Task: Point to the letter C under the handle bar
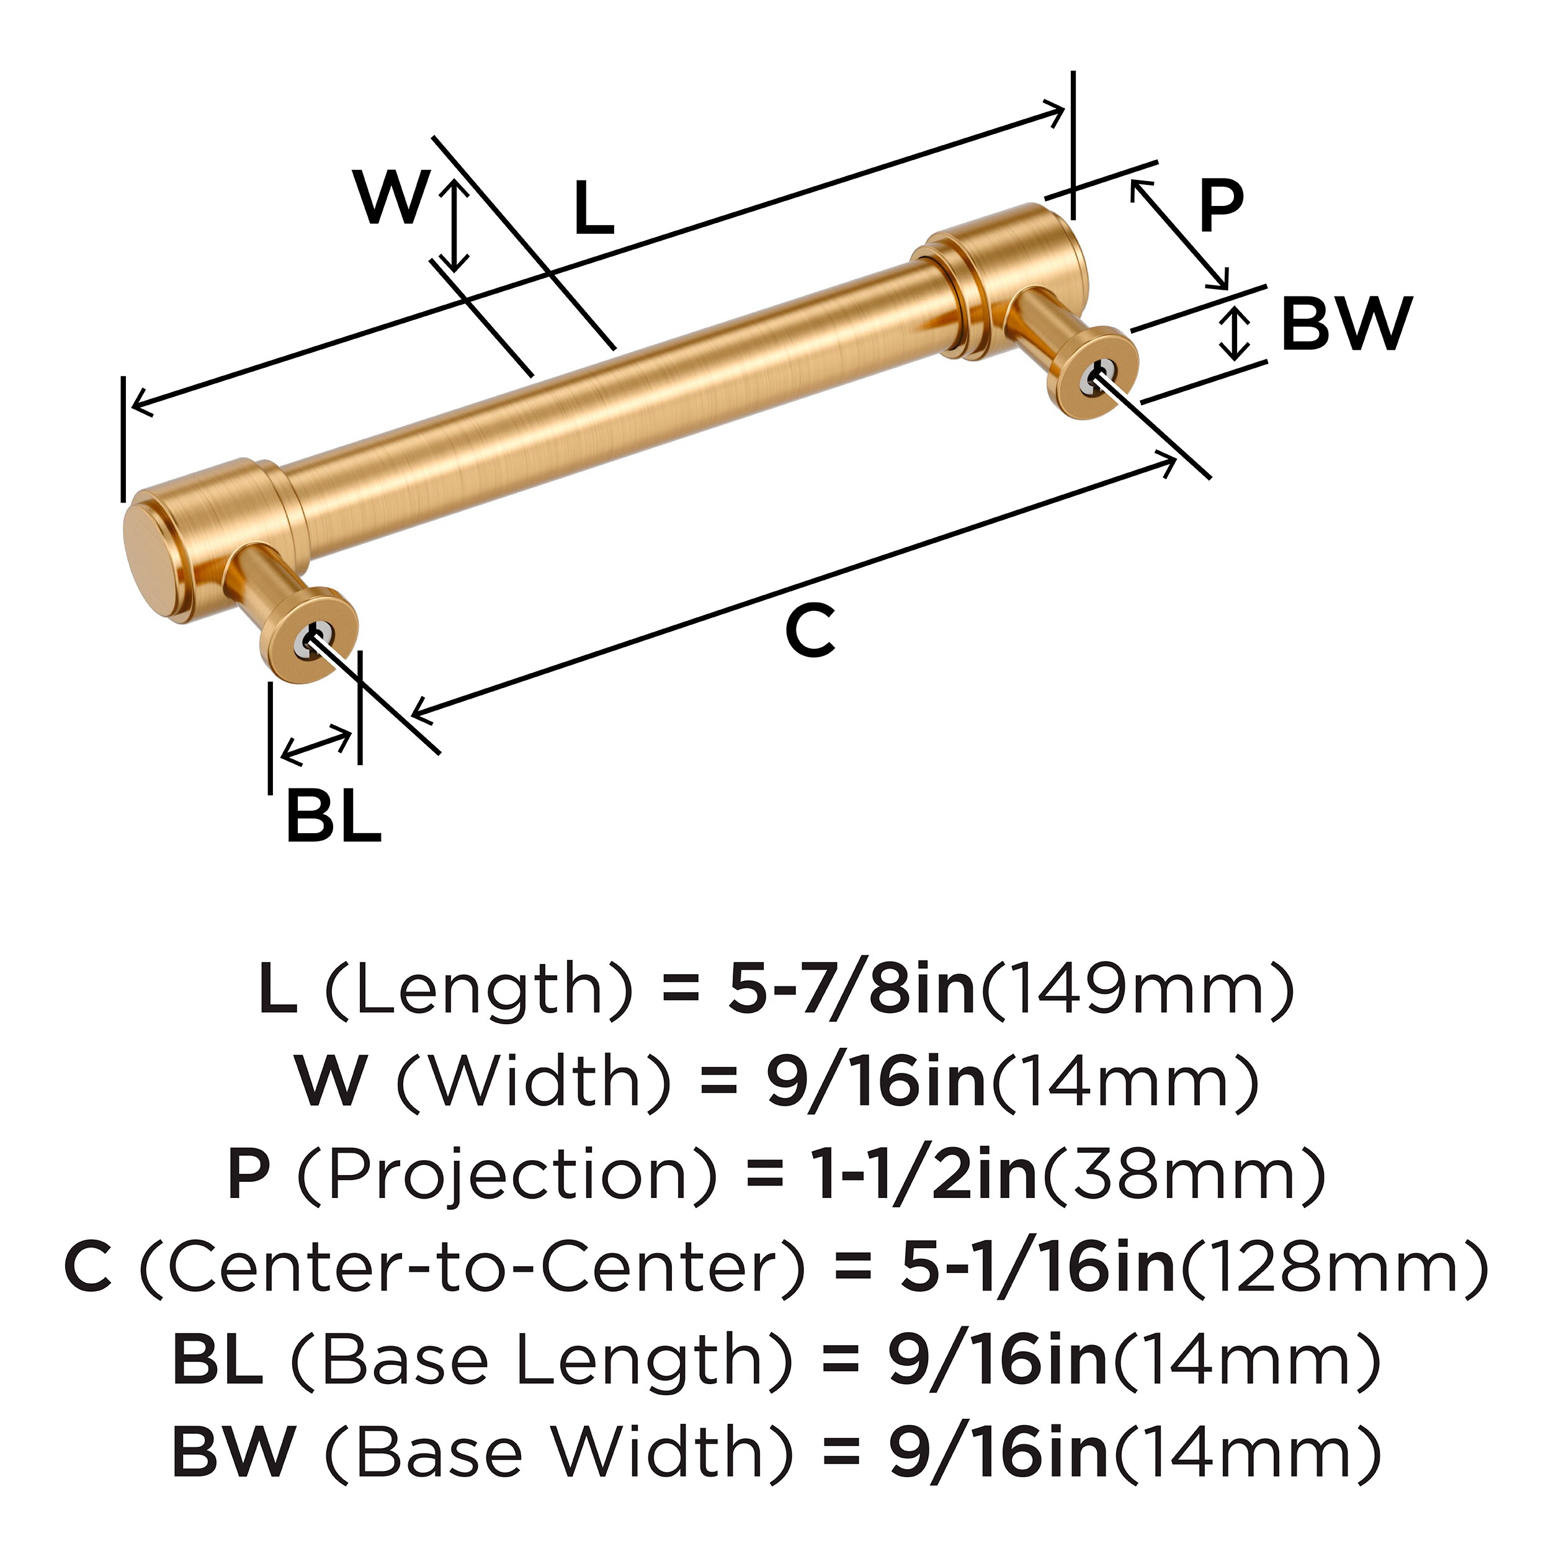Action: tap(810, 631)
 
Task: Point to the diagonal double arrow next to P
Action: tap(1179, 235)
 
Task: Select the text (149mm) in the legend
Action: tap(1138, 989)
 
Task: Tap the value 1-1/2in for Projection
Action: tap(926, 1174)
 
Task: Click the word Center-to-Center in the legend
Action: tap(472, 1267)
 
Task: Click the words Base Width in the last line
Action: tap(560, 1452)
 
